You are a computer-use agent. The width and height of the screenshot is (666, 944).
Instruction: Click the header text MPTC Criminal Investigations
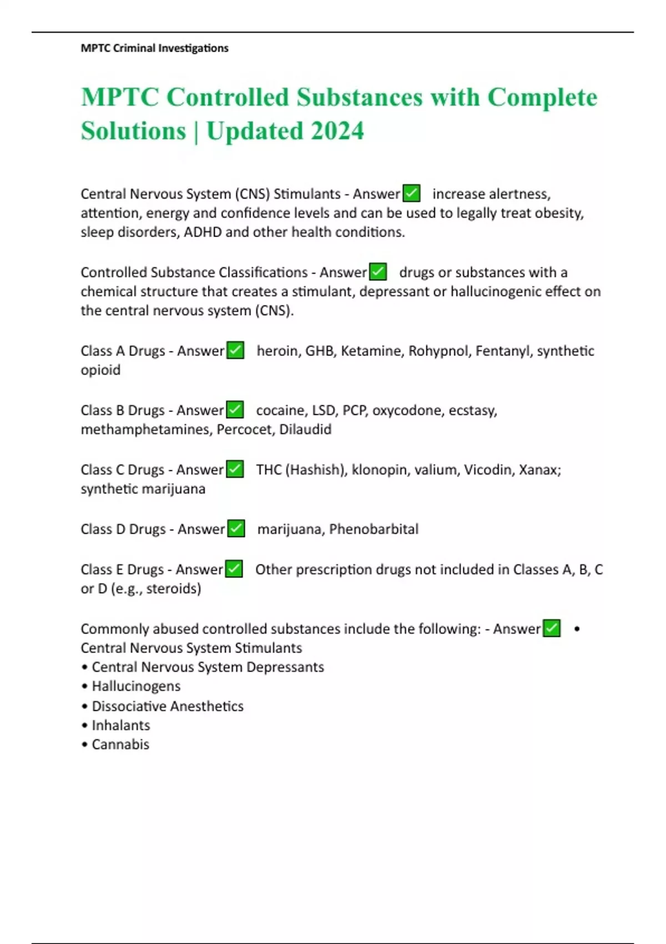pyautogui.click(x=154, y=48)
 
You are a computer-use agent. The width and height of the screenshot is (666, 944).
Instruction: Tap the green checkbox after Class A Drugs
pyautogui.click(x=235, y=350)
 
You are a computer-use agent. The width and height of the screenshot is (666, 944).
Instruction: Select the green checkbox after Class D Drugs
pyautogui.click(x=236, y=529)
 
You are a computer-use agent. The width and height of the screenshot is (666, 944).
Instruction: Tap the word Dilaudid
pyautogui.click(x=305, y=429)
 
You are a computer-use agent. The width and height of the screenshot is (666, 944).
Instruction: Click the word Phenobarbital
pyautogui.click(x=374, y=529)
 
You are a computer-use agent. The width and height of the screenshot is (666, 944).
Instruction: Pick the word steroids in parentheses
pyautogui.click(x=172, y=589)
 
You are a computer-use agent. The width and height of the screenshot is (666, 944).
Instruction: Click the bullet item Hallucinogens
pyautogui.click(x=136, y=686)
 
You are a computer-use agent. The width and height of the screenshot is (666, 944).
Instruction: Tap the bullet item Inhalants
pyautogui.click(x=120, y=725)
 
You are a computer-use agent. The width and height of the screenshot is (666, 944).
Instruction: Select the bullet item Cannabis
pyautogui.click(x=120, y=745)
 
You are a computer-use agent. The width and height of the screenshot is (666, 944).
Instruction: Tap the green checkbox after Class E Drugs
pyautogui.click(x=234, y=569)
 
